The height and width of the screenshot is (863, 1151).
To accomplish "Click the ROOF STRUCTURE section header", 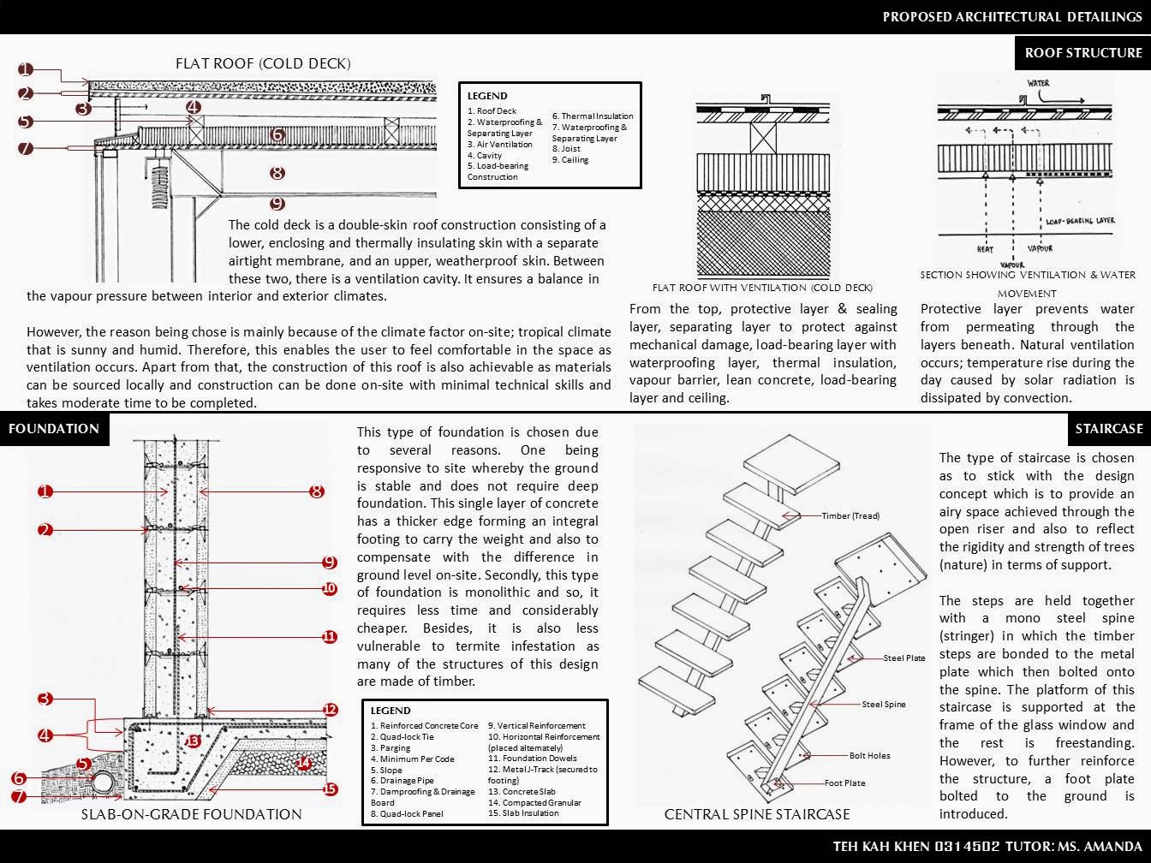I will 1082,53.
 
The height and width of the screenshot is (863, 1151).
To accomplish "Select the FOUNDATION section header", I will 54,429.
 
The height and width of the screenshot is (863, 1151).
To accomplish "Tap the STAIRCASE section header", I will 1109,429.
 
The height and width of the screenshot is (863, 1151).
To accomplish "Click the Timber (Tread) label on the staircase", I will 850,516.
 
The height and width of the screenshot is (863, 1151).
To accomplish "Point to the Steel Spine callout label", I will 883,705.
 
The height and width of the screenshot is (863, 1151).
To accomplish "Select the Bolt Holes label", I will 869,756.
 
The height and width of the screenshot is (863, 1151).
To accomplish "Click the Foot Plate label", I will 844,783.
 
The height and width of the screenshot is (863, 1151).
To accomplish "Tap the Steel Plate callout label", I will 904,658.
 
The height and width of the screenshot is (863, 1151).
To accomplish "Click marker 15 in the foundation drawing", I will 331,789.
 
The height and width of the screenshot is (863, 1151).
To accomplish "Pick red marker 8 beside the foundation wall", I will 317,491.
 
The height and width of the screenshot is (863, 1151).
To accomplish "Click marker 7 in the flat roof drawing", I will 26,148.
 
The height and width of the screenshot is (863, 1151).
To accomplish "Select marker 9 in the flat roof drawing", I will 277,204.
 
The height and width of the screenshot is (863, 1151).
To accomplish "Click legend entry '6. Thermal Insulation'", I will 593,116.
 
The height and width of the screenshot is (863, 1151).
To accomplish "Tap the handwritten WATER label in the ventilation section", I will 1038,84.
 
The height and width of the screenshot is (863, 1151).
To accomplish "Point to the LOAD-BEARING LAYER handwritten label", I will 1080,222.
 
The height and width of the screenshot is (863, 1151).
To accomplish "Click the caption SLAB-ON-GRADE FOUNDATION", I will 191,814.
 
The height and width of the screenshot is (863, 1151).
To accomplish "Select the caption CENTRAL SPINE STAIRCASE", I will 757,814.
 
